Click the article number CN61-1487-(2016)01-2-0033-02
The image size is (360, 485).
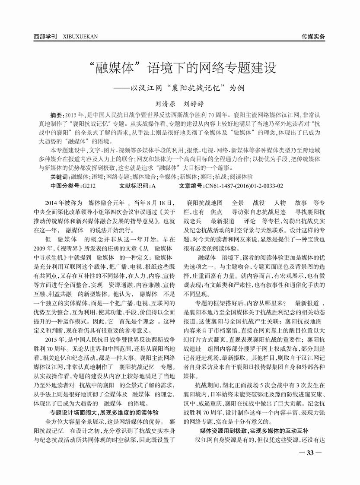244,186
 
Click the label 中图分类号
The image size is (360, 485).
66,186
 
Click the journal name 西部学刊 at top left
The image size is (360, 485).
45,37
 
